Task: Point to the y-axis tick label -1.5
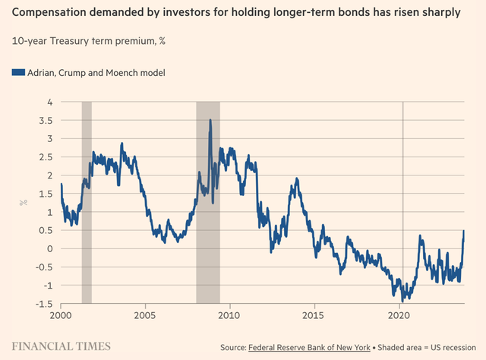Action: pyautogui.click(x=44, y=304)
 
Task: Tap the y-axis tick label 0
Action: pyautogui.click(x=49, y=248)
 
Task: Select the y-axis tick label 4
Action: pyautogui.click(x=49, y=102)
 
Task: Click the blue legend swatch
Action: pyautogui.click(x=16, y=73)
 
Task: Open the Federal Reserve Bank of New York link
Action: pyautogui.click(x=309, y=347)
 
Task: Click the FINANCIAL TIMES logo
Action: pyautogui.click(x=61, y=346)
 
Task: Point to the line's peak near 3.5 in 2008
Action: pyautogui.click(x=210, y=120)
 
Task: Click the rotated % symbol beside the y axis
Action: pyautogui.click(x=24, y=203)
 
